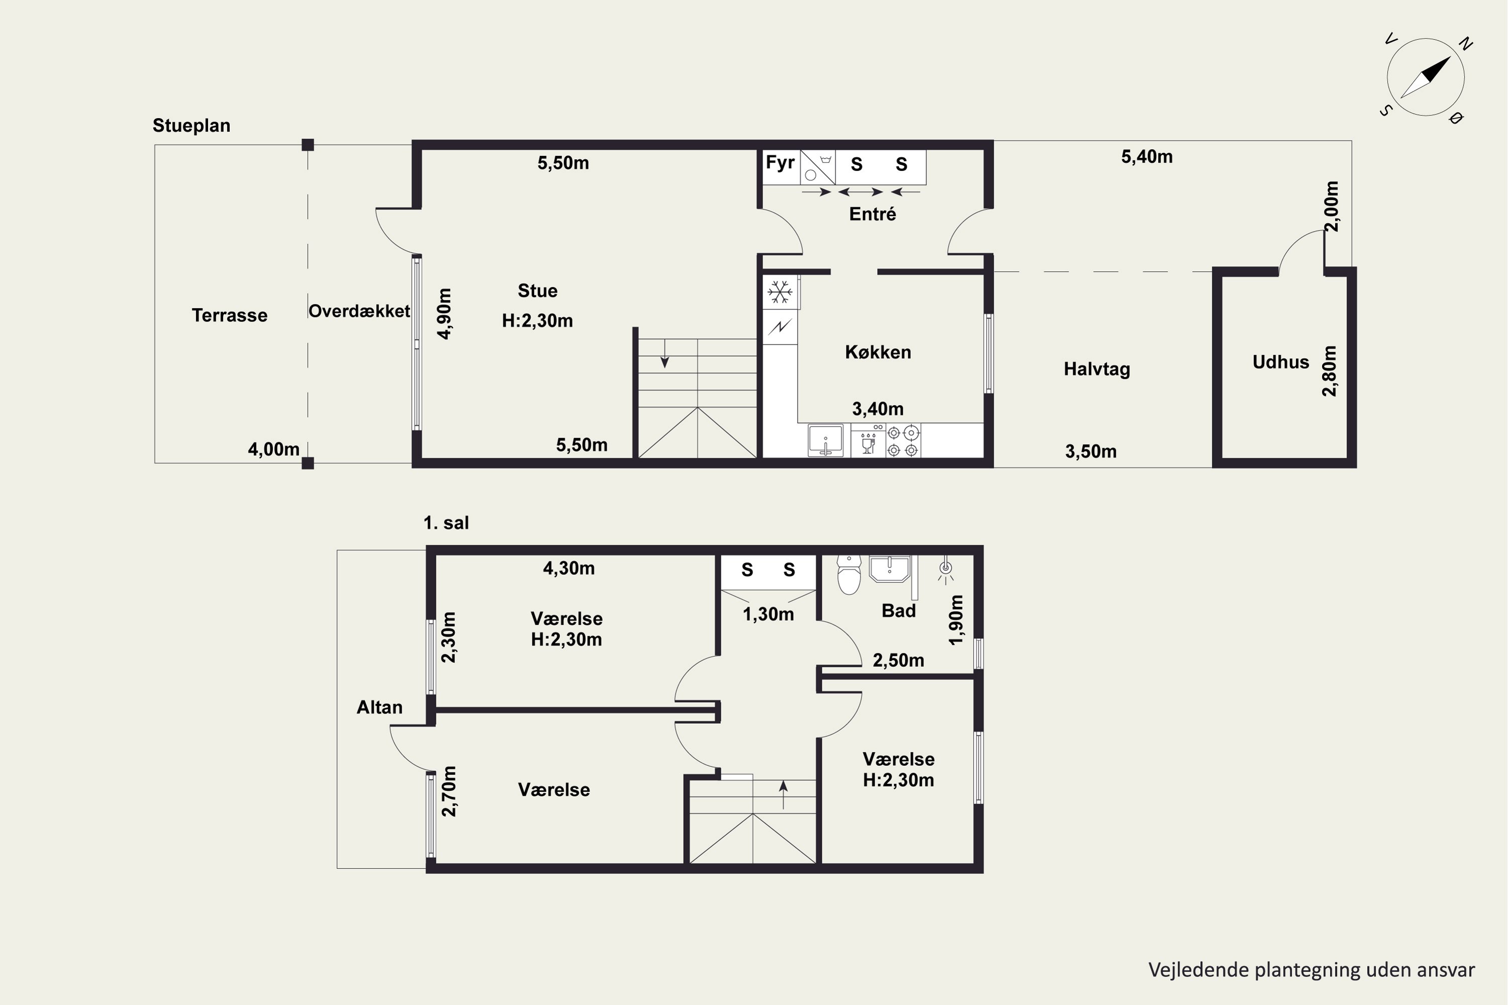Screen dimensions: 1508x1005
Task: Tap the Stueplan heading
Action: [191, 126]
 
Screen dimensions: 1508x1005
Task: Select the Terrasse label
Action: [230, 316]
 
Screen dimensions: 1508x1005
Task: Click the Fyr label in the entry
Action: [780, 163]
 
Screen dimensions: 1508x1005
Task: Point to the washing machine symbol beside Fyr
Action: [817, 168]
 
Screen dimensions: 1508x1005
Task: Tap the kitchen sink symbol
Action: [825, 440]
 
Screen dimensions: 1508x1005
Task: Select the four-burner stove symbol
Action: [903, 440]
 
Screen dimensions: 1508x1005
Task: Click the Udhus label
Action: [1280, 362]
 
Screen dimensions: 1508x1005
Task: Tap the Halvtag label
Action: [1096, 369]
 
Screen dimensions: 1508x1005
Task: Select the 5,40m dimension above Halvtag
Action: [1147, 157]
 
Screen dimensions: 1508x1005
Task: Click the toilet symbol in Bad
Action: [849, 575]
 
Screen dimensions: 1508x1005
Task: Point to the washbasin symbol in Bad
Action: [889, 568]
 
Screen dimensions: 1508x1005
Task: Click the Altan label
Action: [380, 708]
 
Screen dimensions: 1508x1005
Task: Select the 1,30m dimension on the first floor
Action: [768, 615]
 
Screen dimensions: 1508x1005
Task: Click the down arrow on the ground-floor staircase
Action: [665, 353]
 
